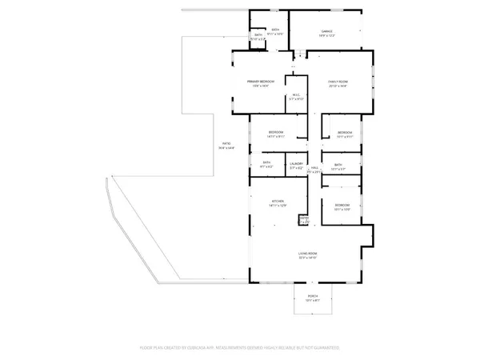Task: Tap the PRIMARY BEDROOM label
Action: pos(261,81)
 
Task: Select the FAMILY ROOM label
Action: pos(339,81)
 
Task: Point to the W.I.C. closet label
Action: pos(296,96)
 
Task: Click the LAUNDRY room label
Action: pos(296,163)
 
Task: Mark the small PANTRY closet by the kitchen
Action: pos(304,218)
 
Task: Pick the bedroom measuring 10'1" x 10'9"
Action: pos(342,206)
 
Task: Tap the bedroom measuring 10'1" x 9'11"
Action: pos(345,132)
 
